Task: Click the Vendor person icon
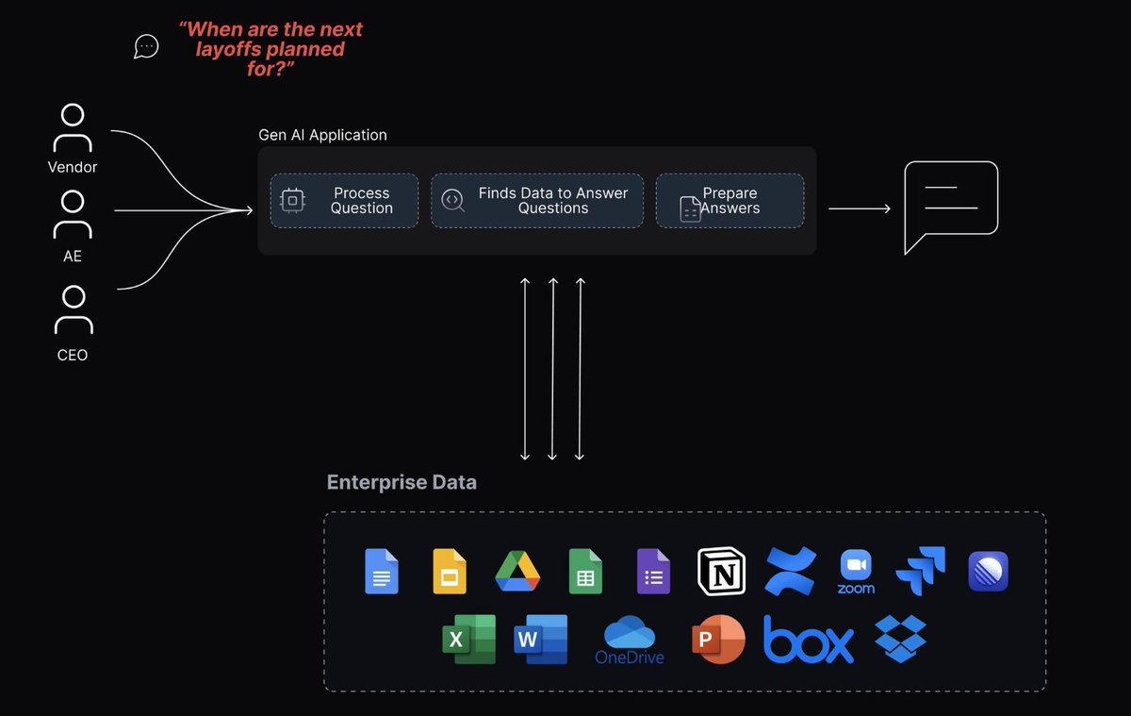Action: [x=73, y=128]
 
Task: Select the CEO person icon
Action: [x=73, y=310]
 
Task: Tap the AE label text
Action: [x=73, y=257]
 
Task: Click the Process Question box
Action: [x=344, y=200]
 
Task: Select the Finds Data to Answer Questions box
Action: [x=537, y=200]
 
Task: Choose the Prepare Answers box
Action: [x=729, y=200]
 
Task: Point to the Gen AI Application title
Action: [x=322, y=135]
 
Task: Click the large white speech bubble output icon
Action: [x=950, y=205]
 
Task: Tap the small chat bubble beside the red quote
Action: [x=146, y=46]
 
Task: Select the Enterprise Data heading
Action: [x=402, y=482]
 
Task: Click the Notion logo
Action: [x=721, y=571]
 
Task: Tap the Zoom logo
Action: [x=856, y=572]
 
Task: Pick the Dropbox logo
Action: [x=900, y=639]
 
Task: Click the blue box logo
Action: [x=808, y=640]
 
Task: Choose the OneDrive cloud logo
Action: [x=629, y=640]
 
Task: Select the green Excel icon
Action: [x=468, y=639]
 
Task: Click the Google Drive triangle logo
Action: [x=517, y=571]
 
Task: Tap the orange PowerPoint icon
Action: [x=718, y=640]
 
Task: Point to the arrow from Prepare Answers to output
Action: [x=859, y=208]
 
